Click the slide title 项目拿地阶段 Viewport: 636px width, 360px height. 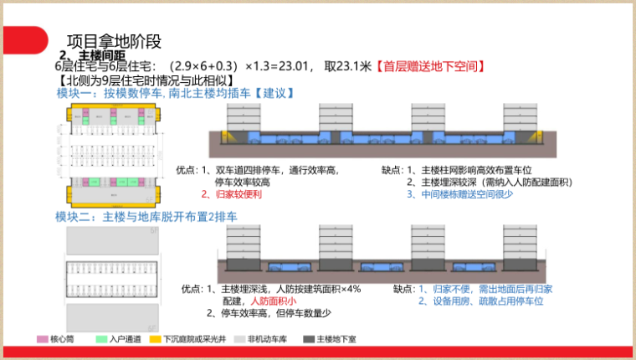click(x=113, y=41)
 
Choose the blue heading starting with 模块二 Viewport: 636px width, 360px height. click(x=146, y=217)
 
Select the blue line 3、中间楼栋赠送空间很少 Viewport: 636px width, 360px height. click(x=459, y=193)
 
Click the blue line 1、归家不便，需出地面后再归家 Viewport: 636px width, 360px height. click(x=485, y=289)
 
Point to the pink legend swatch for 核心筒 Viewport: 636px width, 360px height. click(x=42, y=339)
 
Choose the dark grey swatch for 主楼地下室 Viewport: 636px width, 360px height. click(x=309, y=339)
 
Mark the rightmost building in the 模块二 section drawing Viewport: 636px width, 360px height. click(x=520, y=243)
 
